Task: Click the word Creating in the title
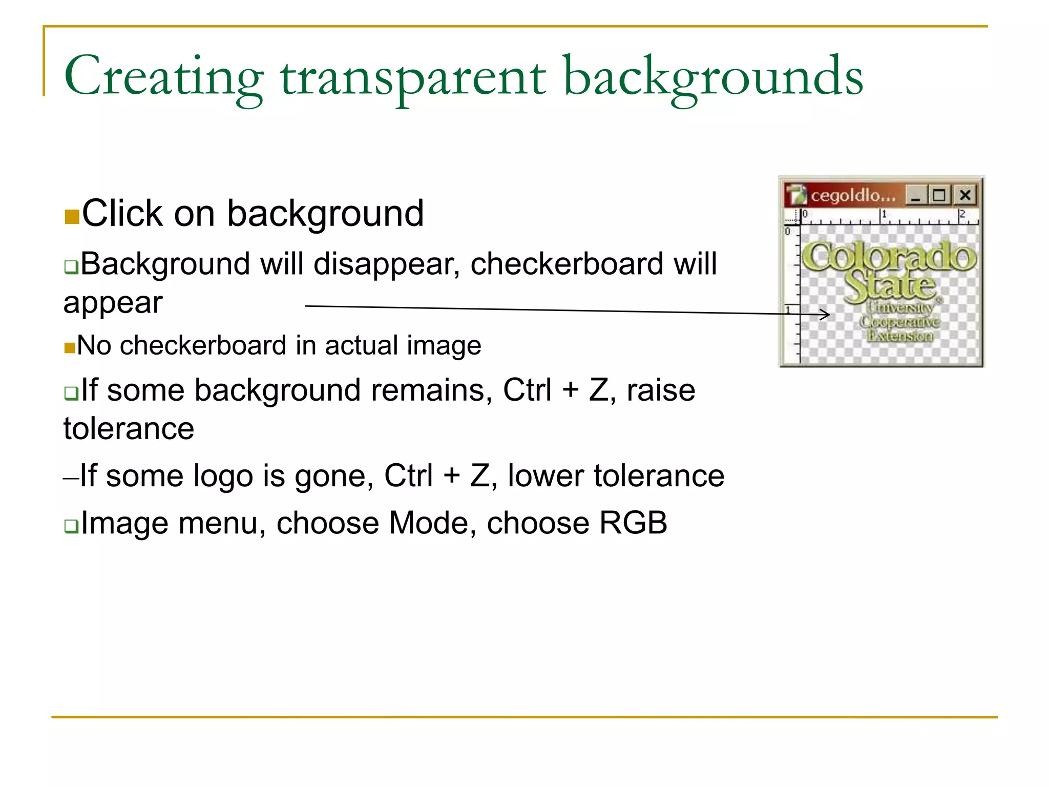click(163, 77)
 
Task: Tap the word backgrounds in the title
click(713, 78)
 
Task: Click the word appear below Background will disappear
click(113, 303)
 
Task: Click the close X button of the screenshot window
click(965, 195)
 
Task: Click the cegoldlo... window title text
click(853, 195)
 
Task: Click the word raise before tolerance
click(661, 390)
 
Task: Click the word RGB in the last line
click(633, 523)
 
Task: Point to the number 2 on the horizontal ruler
click(962, 214)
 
